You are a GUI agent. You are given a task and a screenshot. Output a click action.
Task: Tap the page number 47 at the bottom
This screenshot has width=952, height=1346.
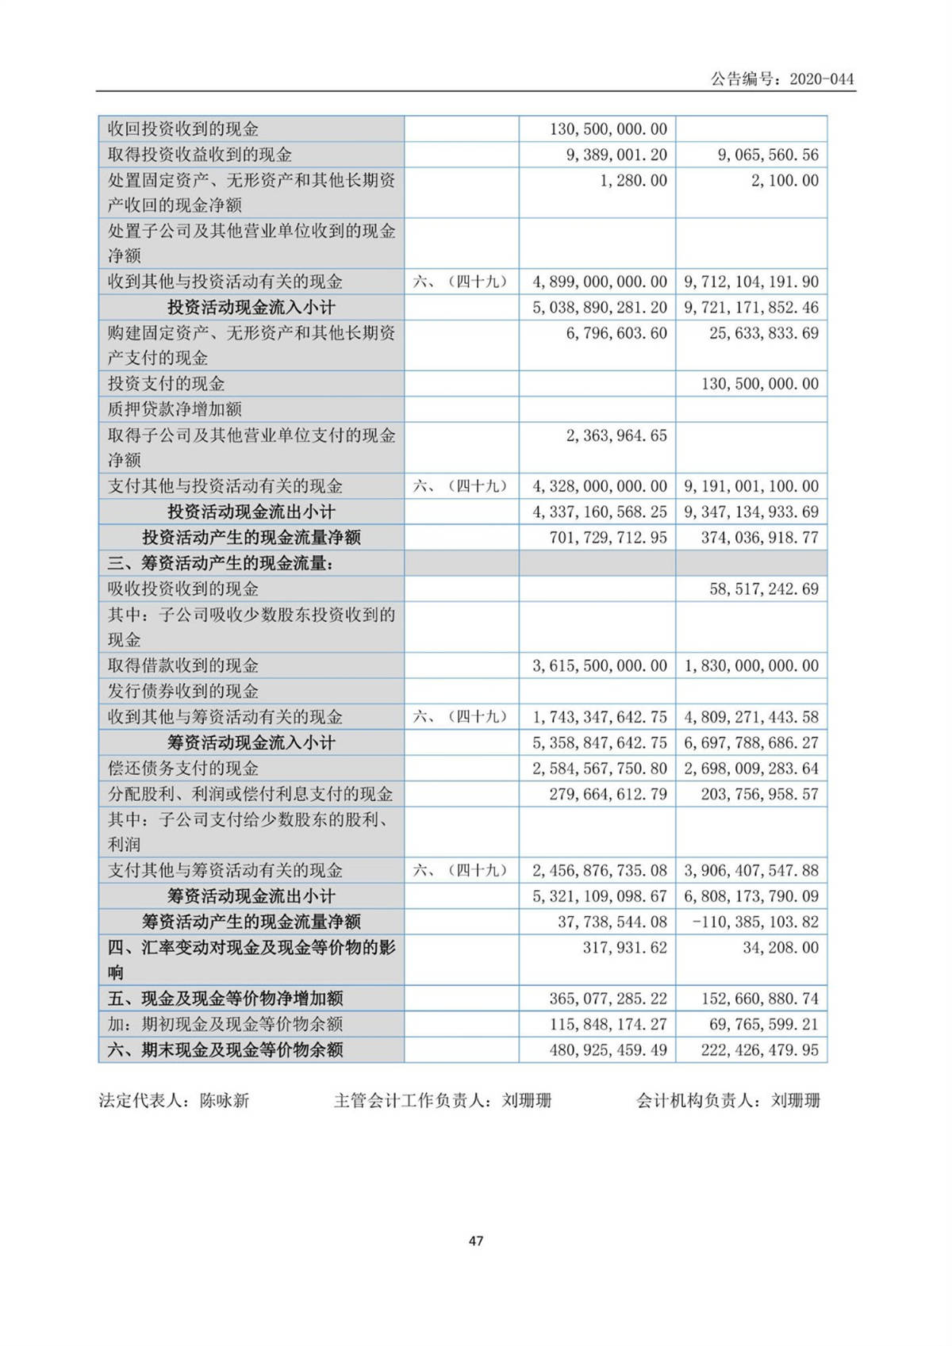click(x=476, y=1241)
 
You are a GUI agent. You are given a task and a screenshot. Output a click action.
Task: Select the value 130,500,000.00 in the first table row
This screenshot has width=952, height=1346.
click(x=608, y=129)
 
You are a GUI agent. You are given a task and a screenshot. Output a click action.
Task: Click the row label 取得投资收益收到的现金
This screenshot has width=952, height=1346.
click(x=199, y=155)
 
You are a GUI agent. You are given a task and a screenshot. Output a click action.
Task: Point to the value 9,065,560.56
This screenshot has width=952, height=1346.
click(x=767, y=155)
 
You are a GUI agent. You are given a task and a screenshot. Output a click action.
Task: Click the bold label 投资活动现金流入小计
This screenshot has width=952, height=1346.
click(x=251, y=308)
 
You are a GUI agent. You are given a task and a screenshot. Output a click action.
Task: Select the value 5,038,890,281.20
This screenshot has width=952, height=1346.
click(x=599, y=308)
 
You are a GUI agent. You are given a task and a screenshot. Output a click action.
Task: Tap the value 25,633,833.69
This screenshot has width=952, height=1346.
click(x=763, y=333)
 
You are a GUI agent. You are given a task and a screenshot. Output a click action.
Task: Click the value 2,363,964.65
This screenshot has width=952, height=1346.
click(x=616, y=435)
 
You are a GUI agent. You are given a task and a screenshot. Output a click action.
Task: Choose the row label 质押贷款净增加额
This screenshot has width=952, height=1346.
click(x=175, y=410)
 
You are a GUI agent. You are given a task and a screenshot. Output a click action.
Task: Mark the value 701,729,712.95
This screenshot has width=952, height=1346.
click(x=608, y=538)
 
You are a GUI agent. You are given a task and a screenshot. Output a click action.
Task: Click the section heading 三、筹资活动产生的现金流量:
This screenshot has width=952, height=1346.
click(x=220, y=564)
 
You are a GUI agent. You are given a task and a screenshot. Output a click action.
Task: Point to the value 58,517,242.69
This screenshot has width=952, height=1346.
click(x=763, y=589)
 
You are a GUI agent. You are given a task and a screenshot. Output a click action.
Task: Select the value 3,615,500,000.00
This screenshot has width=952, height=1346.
click(x=599, y=666)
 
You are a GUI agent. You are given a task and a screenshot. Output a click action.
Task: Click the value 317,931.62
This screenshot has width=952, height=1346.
click(x=624, y=948)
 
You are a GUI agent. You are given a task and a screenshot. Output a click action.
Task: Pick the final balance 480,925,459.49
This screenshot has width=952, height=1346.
click(x=608, y=1050)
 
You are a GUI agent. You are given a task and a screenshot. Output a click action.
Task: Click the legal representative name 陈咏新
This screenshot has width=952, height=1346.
click(x=225, y=1101)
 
